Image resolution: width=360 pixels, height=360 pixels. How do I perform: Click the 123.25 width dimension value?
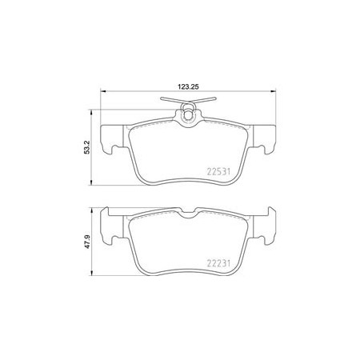coord(188,86)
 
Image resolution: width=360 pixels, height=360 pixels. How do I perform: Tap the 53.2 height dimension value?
coord(87,147)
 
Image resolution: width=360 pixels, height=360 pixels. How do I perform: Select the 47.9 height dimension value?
coord(87,242)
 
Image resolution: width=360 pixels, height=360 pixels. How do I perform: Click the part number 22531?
coord(218,171)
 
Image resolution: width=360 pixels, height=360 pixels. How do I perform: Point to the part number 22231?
coord(218,263)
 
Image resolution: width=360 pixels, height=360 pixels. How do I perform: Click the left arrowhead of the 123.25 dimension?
coord(103,91)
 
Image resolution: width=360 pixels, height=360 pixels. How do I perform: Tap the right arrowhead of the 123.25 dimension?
coord(274,91)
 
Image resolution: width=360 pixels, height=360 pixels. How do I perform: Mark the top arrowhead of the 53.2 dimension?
coord(91,112)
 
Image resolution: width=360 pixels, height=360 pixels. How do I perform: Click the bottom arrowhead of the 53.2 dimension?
coord(91,182)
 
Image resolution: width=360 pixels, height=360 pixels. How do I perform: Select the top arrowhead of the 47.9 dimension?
coord(91,210)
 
